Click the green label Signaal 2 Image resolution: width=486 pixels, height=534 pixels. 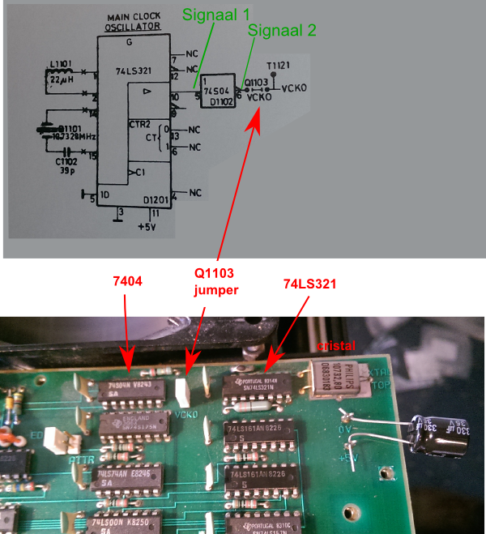point(280,31)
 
